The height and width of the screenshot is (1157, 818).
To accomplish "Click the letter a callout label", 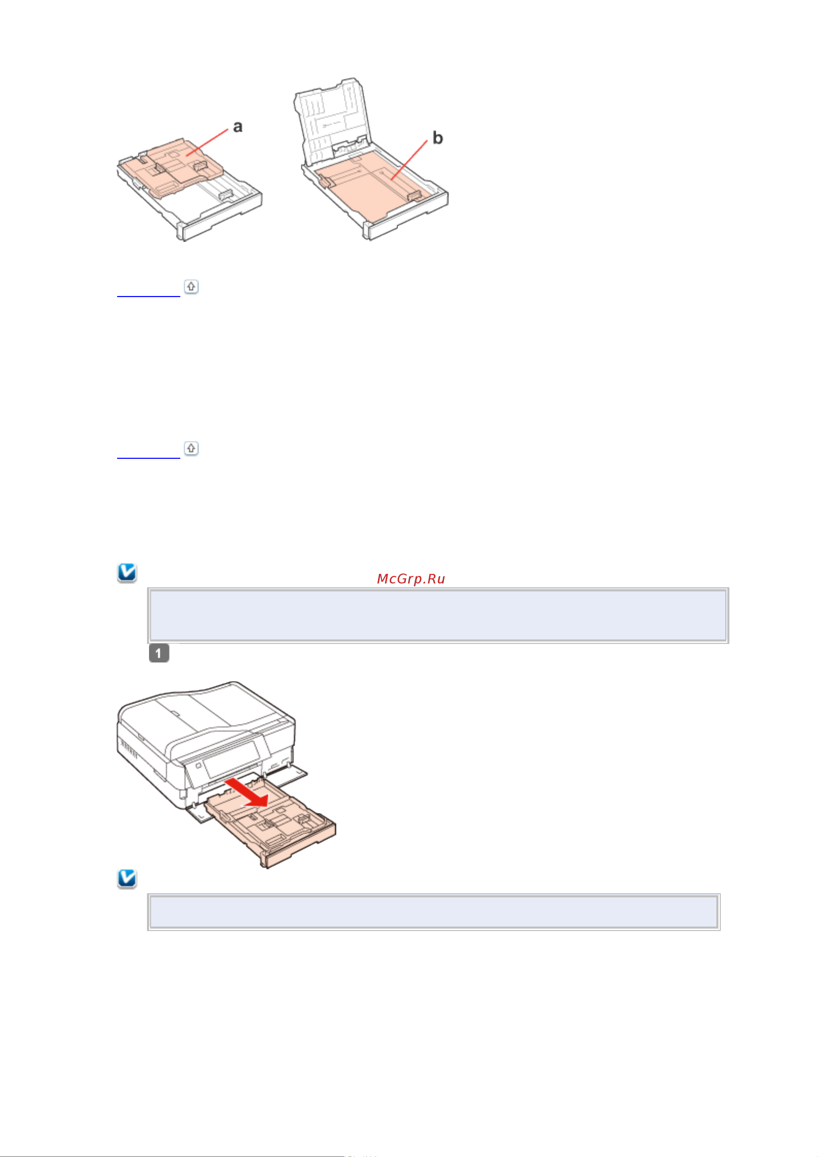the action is click(x=237, y=126).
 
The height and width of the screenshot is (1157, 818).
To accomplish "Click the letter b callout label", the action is click(x=438, y=138).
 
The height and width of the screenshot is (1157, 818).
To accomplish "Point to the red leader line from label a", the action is click(x=207, y=143).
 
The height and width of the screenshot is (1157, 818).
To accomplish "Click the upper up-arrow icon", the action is click(x=191, y=286).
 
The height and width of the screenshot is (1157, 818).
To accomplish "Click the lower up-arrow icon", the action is click(x=191, y=448).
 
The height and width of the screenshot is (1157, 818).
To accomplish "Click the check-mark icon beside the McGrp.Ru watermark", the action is click(x=127, y=572).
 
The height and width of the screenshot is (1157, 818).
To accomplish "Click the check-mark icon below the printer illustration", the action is click(x=127, y=879).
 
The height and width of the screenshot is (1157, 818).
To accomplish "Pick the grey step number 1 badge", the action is click(x=159, y=653).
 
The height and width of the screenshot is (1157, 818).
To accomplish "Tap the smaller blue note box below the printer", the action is click(x=433, y=912).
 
